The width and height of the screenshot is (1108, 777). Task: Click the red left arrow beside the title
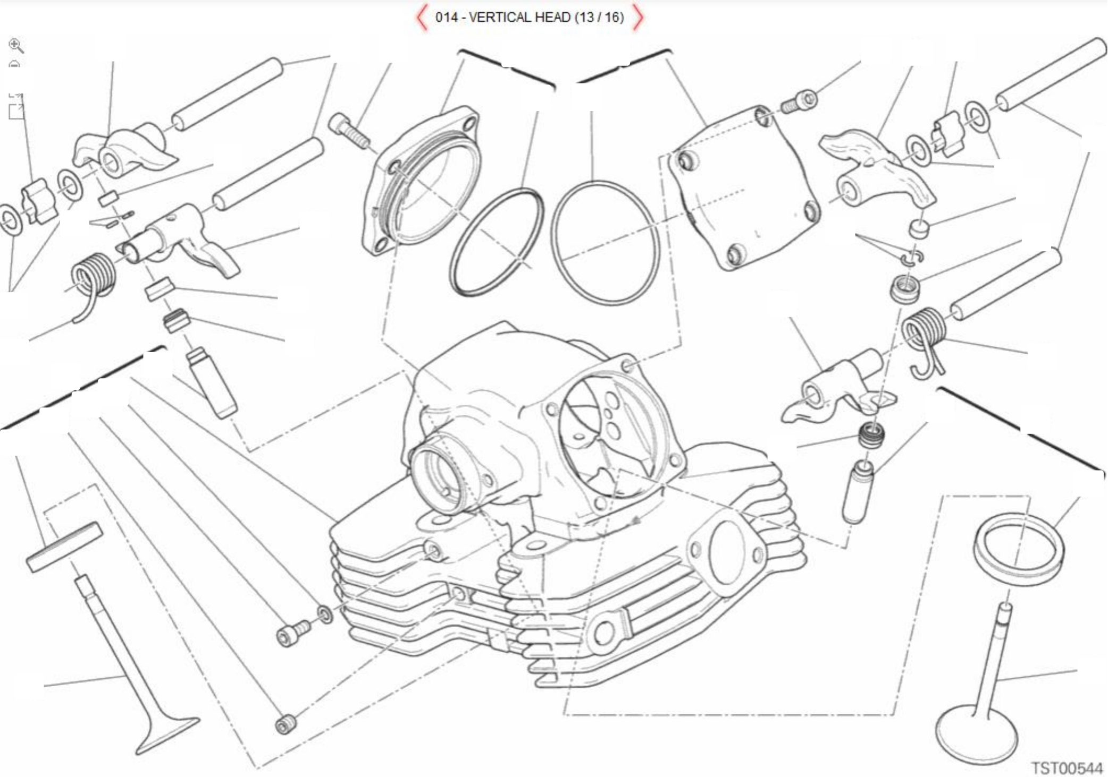(422, 18)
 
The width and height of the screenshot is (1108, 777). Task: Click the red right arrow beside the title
(638, 18)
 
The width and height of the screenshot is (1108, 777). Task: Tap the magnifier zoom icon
(16, 46)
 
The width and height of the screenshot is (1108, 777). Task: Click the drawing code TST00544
(1067, 767)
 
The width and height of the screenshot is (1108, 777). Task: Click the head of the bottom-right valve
(976, 736)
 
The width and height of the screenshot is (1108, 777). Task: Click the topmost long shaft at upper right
(1051, 74)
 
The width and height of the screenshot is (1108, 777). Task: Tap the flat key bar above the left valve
(64, 547)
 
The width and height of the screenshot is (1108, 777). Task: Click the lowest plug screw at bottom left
(286, 724)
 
